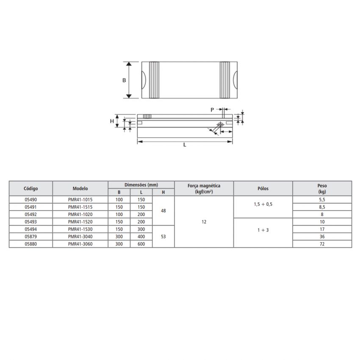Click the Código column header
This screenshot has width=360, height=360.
click(31, 188)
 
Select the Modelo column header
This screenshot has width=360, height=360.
click(80, 188)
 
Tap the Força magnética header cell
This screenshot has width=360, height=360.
click(204, 188)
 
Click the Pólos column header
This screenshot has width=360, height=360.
click(263, 188)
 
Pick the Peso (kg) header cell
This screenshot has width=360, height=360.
click(322, 188)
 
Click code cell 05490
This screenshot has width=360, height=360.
click(31, 199)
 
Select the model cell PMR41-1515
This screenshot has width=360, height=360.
click(80, 207)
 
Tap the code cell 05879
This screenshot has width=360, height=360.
click(31, 237)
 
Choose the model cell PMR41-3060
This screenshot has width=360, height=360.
click(80, 244)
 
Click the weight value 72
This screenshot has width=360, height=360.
click(322, 244)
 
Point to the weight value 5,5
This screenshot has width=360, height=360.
click(322, 199)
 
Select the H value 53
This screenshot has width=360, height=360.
click(163, 236)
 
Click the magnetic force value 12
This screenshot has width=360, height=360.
click(204, 222)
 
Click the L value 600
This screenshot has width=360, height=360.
click(141, 244)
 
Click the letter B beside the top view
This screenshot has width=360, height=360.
click(124, 80)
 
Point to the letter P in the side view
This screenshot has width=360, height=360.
click(212, 110)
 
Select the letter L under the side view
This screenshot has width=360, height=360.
click(185, 145)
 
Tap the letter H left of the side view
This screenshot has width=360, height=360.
click(112, 121)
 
